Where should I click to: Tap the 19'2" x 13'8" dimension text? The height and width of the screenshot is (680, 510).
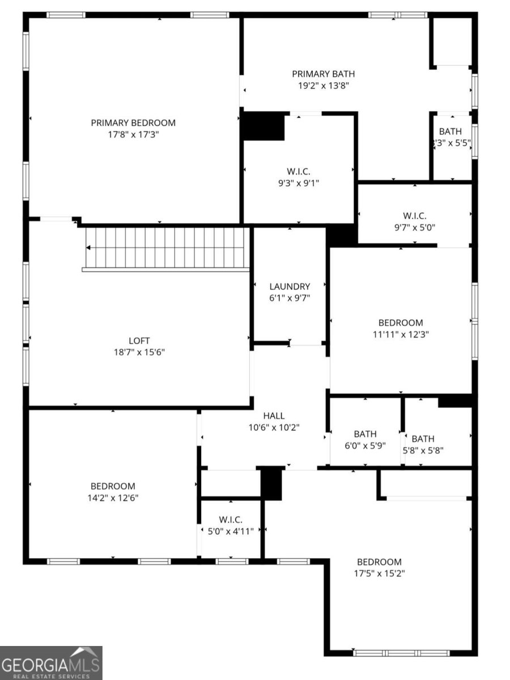pos(324,86)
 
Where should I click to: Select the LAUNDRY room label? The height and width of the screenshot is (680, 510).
pos(290,286)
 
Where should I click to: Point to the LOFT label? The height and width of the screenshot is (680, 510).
pos(139,341)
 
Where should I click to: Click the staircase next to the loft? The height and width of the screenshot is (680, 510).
pos(167,248)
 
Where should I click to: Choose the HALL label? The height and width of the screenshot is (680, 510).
pos(274,415)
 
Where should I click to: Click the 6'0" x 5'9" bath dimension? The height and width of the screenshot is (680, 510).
pos(365,445)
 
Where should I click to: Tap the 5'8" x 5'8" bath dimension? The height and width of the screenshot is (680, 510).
pos(423,450)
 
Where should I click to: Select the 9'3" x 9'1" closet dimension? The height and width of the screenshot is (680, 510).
pos(298,183)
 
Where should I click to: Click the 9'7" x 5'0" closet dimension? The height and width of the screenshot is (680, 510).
pos(414,227)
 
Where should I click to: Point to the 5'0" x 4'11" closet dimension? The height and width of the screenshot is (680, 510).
pos(231,531)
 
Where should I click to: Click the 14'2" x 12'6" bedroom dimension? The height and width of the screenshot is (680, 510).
pos(113,498)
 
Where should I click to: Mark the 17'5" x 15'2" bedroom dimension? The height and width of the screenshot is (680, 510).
pos(379,573)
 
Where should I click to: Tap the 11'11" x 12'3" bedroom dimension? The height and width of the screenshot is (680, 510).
pos(401,334)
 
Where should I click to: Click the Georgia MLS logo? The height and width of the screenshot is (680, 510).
pos(51,662)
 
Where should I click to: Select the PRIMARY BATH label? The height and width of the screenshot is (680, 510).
pos(324,74)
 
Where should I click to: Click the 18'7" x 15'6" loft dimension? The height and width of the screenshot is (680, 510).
pos(139,352)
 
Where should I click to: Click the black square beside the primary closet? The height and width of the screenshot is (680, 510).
pos(263,126)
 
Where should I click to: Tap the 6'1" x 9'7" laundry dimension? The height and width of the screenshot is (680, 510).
pos(290,297)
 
